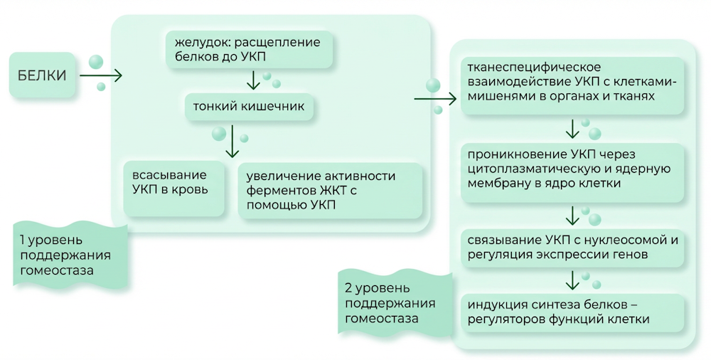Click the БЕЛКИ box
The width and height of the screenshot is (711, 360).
tap(42, 75)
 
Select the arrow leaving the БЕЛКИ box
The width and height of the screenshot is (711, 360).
tap(101, 75)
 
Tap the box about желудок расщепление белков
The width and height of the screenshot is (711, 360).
tap(250, 49)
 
